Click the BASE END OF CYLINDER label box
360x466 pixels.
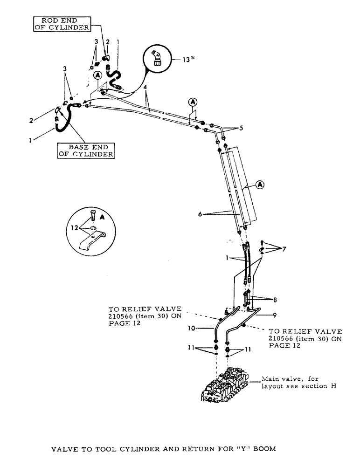point(86,151)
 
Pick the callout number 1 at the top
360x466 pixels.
point(118,41)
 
